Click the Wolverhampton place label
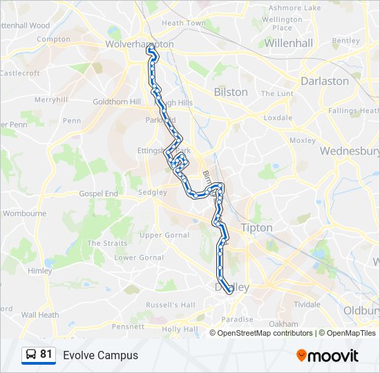coord(140,44)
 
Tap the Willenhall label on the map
coord(289,43)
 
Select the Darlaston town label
coord(325,81)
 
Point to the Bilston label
coord(231,92)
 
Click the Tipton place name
coord(256,227)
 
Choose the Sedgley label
coord(152,192)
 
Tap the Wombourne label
coord(24,213)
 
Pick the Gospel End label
coord(98,194)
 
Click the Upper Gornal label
coord(164,235)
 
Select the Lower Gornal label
coord(139,258)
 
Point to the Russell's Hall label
coord(171,305)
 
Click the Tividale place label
coord(307,304)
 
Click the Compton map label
coord(54,39)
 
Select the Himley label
coord(40,271)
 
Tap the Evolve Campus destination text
coord(101,356)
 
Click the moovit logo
coord(327,356)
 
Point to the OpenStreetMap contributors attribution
coord(265,333)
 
